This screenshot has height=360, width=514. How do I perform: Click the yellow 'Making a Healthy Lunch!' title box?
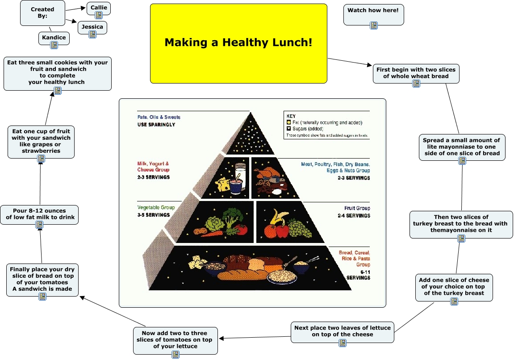(238, 43)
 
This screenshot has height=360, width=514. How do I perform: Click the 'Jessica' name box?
(92, 27)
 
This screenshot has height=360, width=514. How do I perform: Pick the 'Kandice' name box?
(54, 38)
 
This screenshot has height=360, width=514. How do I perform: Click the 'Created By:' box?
(42, 13)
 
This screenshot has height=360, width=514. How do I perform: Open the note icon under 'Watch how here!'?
(374, 25)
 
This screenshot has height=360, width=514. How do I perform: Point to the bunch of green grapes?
(299, 228)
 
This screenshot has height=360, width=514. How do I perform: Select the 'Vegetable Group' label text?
(156, 208)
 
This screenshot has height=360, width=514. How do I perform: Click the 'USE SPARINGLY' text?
(156, 125)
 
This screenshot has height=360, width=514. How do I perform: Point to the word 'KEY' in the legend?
(291, 116)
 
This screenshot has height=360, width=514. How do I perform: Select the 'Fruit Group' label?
(357, 208)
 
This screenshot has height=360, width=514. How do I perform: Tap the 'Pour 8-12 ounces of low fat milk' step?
(39, 214)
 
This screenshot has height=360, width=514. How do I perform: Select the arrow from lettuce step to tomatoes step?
(255, 338)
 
